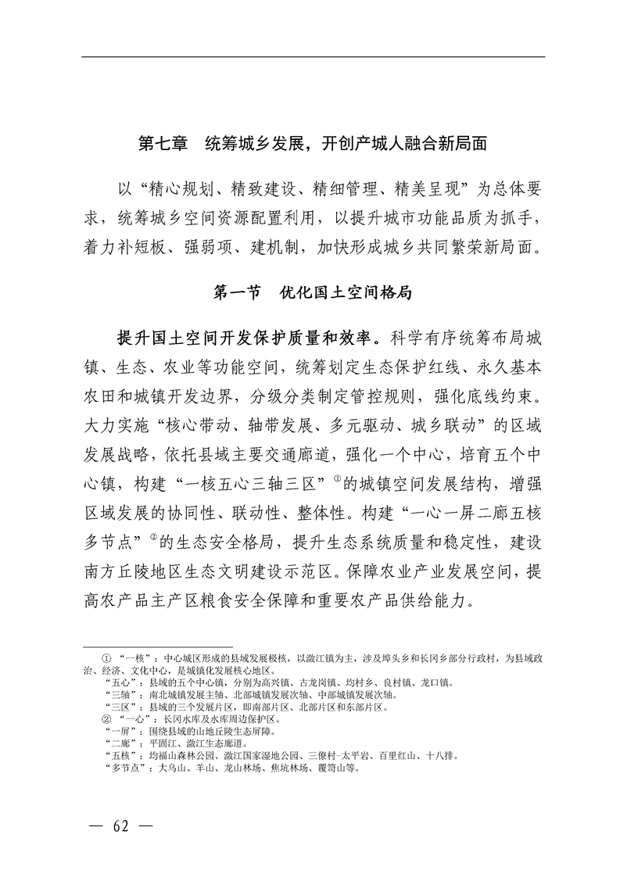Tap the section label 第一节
click(238, 294)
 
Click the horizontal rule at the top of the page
click(314, 56)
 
